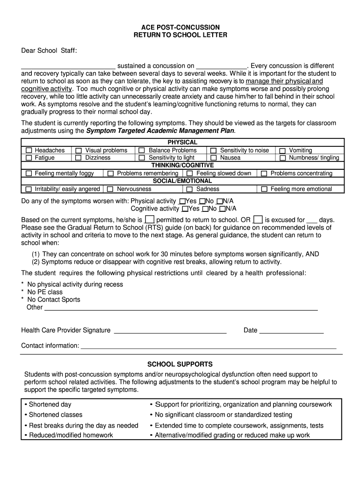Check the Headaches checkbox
point(29,150)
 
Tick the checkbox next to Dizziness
point(79,158)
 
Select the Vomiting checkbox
point(282,150)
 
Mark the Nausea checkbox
point(213,158)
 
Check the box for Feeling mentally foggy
point(29,174)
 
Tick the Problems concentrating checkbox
point(264,174)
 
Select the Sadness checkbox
point(189,189)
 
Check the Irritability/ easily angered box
point(29,189)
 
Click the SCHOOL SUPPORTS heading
point(180,364)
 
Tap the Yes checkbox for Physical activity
point(182,201)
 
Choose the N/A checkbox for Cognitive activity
point(223,209)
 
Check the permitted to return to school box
point(150,219)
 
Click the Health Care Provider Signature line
point(170,332)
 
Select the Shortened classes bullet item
point(55,414)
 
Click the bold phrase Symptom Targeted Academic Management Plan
point(160,131)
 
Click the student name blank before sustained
point(68,66)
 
